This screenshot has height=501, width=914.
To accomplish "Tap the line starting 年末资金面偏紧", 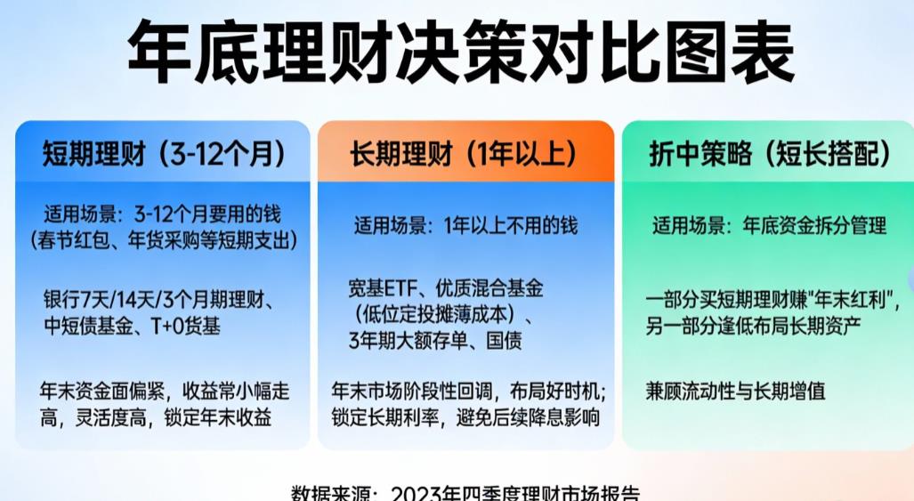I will coord(165,391).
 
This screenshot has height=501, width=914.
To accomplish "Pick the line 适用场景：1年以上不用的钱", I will coord(465,226).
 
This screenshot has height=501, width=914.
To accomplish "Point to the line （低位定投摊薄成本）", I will coord(442,314).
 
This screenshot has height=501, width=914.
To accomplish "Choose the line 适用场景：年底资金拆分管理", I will coord(769,226).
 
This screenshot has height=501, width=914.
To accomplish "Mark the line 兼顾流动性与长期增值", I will coord(735,391).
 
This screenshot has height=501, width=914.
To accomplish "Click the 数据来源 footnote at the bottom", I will coord(465,492).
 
